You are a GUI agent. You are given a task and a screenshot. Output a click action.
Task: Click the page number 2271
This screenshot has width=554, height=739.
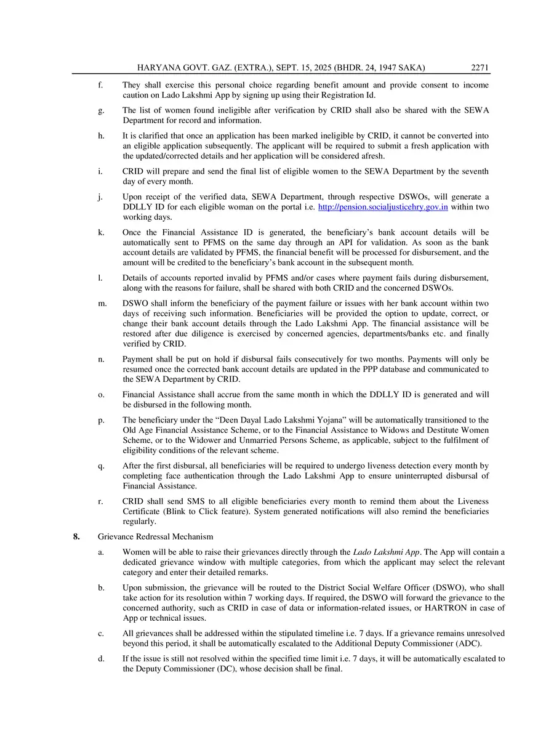pyautogui.click(x=480, y=68)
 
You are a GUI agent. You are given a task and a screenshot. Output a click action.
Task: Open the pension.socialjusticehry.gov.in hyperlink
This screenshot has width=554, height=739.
pyautogui.click(x=383, y=207)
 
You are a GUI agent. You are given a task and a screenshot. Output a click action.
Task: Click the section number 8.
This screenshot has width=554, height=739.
pyautogui.click(x=77, y=537)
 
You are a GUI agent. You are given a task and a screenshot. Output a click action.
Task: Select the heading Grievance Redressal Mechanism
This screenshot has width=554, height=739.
pyautogui.click(x=156, y=537)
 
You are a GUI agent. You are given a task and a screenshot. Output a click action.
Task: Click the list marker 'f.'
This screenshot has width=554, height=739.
pyautogui.click(x=100, y=85)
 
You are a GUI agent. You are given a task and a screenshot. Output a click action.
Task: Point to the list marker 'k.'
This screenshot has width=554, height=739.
pyautogui.click(x=100, y=233)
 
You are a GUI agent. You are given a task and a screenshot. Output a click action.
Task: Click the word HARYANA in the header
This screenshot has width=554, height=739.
pyautogui.click(x=162, y=68)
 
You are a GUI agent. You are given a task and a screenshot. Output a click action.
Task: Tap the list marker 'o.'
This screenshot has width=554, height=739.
pyautogui.click(x=100, y=394)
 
